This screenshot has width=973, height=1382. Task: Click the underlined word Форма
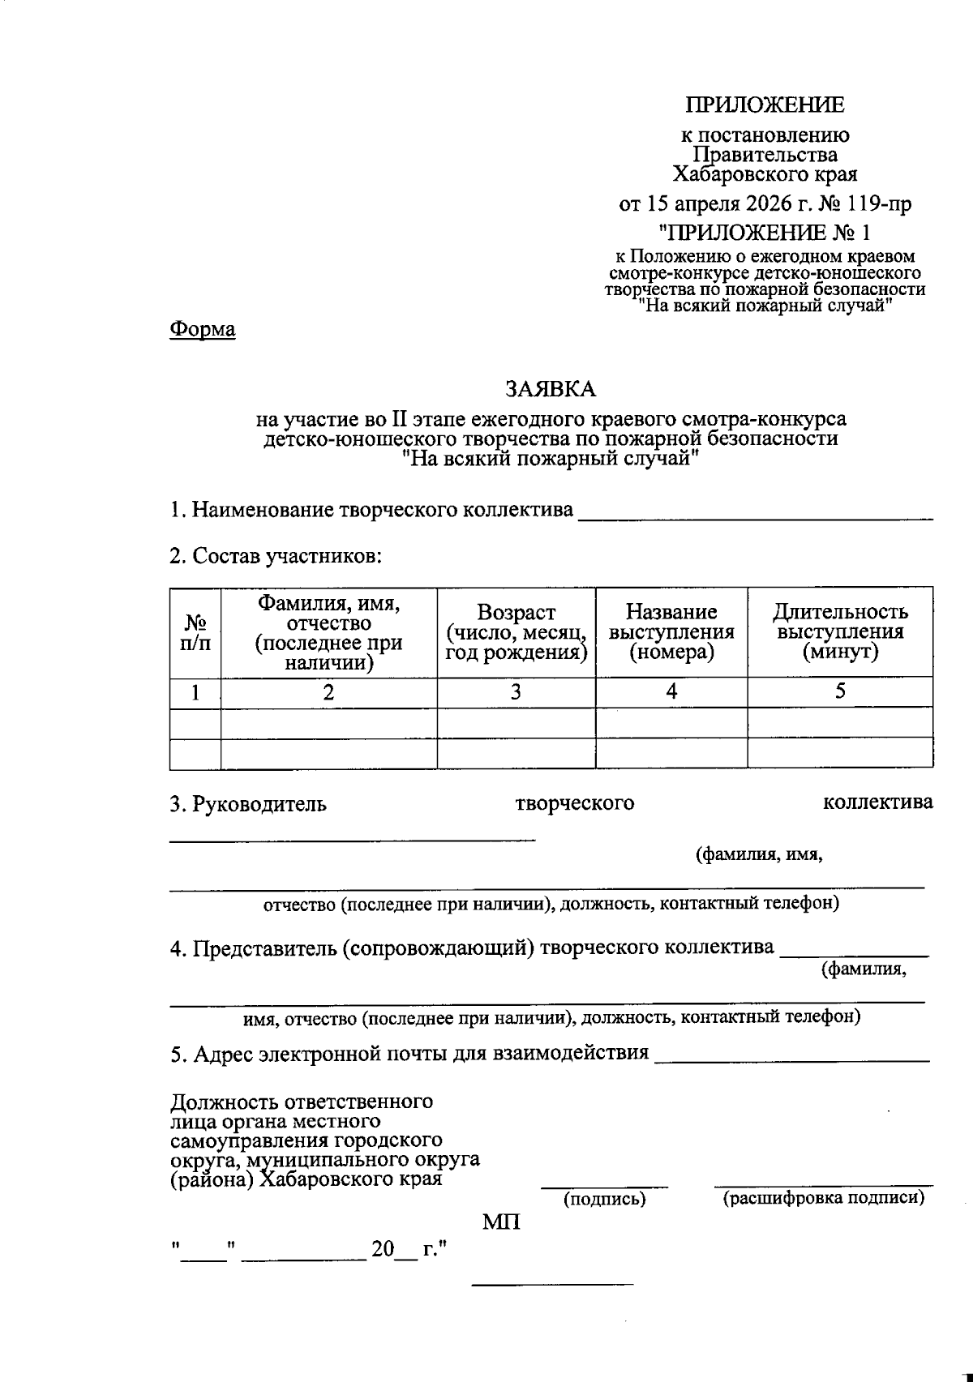pyautogui.click(x=203, y=330)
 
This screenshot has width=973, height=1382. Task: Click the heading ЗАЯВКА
pyautogui.click(x=551, y=389)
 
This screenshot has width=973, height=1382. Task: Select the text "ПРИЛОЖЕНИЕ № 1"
pyautogui.click(x=765, y=233)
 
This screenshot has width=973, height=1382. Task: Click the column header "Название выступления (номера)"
pyautogui.click(x=671, y=632)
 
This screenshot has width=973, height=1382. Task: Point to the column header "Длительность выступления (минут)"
pyautogui.click(x=840, y=632)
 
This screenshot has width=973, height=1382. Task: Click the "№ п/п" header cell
pyautogui.click(x=195, y=632)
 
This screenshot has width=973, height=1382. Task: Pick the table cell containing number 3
pyautogui.click(x=516, y=692)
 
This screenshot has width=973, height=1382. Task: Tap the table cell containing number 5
pyautogui.click(x=840, y=691)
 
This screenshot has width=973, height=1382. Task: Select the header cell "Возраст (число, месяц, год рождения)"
pyautogui.click(x=516, y=632)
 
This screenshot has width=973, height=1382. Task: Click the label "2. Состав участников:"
pyautogui.click(x=276, y=557)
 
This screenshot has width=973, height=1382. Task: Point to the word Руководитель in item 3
pyautogui.click(x=259, y=804)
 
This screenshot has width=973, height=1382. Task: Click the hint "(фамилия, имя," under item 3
pyautogui.click(x=759, y=854)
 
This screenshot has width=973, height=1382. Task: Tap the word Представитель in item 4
pyautogui.click(x=262, y=948)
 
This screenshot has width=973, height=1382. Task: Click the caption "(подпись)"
pyautogui.click(x=604, y=1199)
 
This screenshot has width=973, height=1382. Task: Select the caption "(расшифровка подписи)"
pyautogui.click(x=823, y=1198)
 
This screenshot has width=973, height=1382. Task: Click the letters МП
pyautogui.click(x=502, y=1222)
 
